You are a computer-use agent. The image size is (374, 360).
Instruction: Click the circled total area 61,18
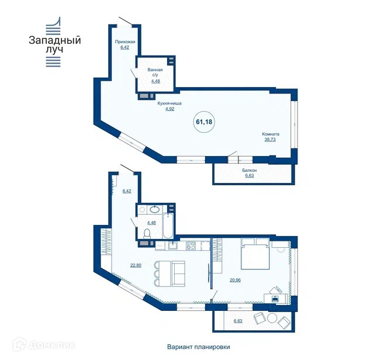pos(204,122)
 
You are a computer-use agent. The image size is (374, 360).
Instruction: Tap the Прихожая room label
pos(125,41)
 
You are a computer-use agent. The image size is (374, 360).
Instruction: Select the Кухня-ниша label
pos(169,103)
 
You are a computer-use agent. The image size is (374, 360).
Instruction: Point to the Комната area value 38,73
pos(270,139)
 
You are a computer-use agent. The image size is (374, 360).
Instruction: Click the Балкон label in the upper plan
pos(250,170)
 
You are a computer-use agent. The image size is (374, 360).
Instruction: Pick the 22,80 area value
pos(136,265)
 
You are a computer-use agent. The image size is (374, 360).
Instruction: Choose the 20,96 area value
pos(235,280)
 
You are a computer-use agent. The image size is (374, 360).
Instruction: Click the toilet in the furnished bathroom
pos(147,234)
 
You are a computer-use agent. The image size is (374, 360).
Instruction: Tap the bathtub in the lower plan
pos(168,226)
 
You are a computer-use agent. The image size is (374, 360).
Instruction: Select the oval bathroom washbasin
pos(155,209)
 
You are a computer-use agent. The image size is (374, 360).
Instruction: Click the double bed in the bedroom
pos(255,254)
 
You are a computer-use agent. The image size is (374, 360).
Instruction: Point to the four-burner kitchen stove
pos(191,245)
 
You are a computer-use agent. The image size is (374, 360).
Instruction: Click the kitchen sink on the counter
pos(172,245)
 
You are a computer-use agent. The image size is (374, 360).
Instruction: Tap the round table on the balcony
pos(272,318)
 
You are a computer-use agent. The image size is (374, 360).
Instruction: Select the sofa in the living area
pos(178,274)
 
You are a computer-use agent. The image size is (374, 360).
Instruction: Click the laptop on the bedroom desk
pos(275,298)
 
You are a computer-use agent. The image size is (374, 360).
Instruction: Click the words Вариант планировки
pos(199,347)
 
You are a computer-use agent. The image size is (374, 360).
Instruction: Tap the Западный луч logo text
pos(55,44)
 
